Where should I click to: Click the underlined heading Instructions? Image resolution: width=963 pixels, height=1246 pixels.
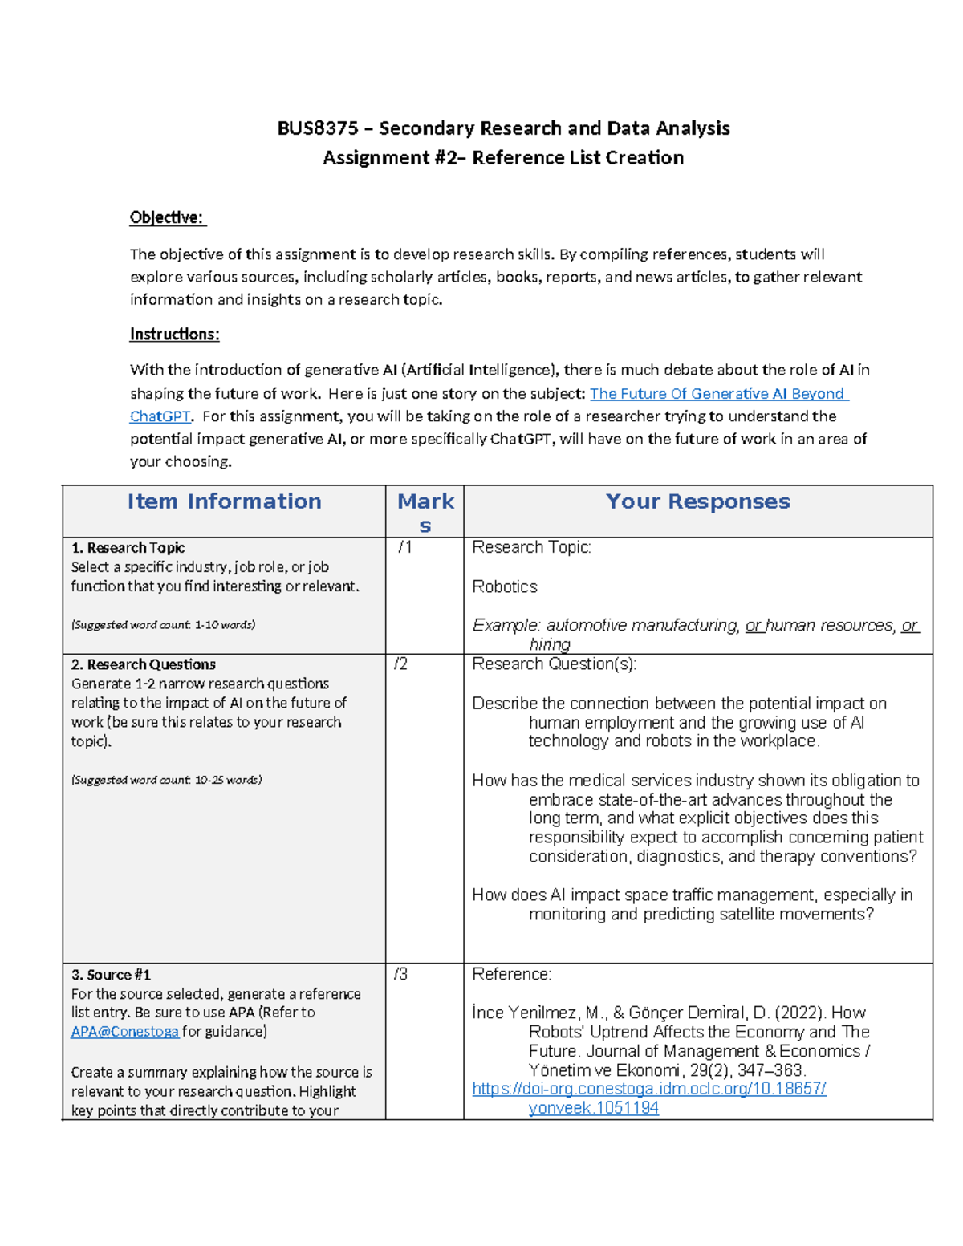[174, 334]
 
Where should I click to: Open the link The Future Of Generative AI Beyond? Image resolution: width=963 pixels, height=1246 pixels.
[718, 393]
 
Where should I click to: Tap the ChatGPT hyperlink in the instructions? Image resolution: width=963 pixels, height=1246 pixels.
[160, 416]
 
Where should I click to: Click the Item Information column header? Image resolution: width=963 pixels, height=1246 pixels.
[224, 501]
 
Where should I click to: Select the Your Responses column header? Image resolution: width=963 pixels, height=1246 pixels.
[697, 501]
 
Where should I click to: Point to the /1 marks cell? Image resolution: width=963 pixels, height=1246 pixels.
[405, 547]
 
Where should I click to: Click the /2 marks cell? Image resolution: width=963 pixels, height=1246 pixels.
[400, 664]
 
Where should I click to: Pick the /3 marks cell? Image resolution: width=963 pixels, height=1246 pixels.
[400, 974]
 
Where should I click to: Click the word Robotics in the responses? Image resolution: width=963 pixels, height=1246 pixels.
[505, 586]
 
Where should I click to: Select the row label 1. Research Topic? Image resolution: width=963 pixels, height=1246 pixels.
[128, 548]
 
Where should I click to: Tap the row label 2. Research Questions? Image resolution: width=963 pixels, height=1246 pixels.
[144, 664]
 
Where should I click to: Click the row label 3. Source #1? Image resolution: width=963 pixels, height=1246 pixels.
[111, 975]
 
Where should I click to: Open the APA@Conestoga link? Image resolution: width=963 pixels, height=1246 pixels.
[124, 1032]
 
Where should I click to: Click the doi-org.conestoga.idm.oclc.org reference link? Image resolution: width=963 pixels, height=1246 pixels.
[648, 1089]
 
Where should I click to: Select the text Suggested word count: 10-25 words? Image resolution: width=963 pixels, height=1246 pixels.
[166, 780]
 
